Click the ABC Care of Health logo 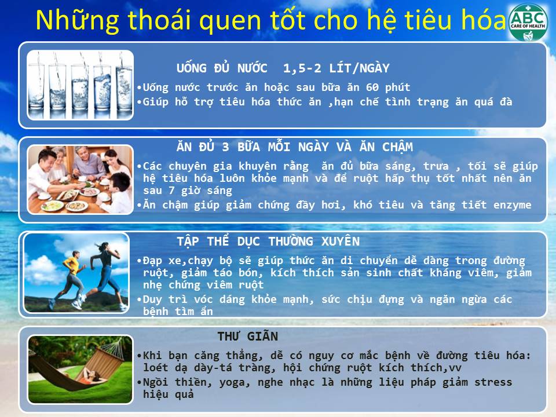point(528,22)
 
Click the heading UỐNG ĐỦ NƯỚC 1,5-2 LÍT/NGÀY point(283,68)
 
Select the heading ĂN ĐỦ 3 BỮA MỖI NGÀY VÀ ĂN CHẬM point(295,147)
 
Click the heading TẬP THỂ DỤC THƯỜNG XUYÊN point(268,242)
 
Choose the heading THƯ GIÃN point(247,336)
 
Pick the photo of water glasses point(80,85)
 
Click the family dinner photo point(80,180)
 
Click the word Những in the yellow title point(77,21)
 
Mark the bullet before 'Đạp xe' point(139,261)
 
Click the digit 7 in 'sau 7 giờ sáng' point(171,191)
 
